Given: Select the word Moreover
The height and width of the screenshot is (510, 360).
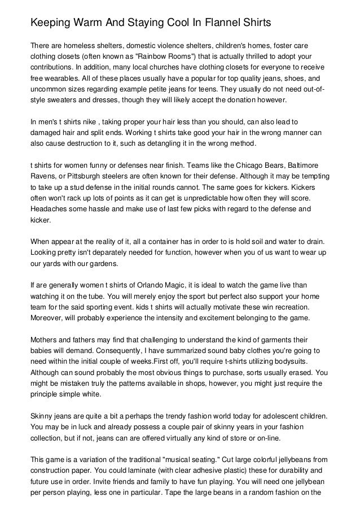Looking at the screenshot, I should pos(49,319).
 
